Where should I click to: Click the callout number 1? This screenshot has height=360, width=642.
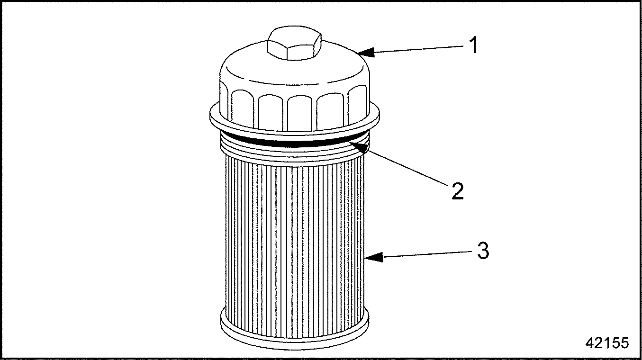tap(473, 45)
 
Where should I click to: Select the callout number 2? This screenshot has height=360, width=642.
tap(457, 190)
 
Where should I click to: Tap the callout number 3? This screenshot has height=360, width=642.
tap(483, 251)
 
